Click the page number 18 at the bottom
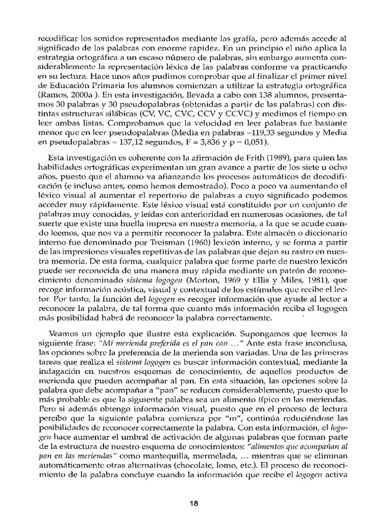pyautogui.click(x=193, y=503)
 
